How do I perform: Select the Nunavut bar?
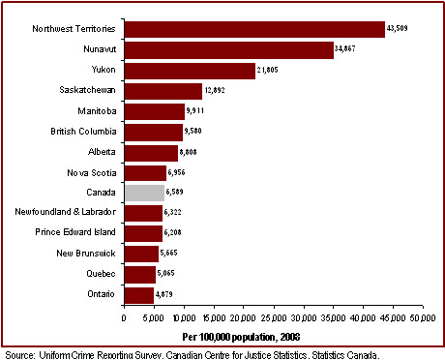(228, 50)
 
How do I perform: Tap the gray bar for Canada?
(143, 193)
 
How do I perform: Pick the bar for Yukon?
(189, 71)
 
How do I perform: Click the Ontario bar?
(138, 294)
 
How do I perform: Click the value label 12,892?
(217, 91)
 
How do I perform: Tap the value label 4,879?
(168, 294)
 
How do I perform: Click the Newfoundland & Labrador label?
(67, 213)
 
